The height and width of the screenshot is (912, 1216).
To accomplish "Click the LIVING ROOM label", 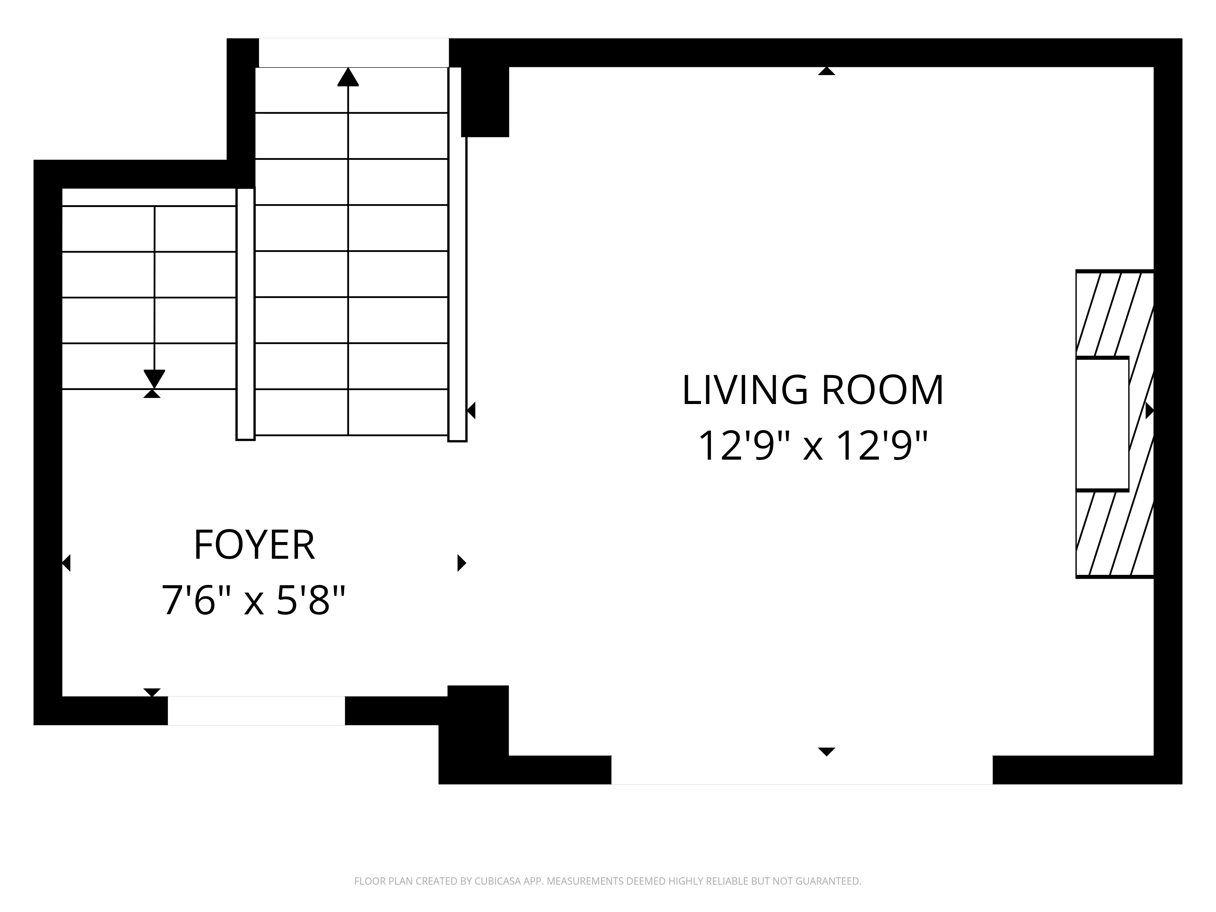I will coord(813,391).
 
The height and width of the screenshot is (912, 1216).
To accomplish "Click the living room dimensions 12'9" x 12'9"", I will coord(813,446).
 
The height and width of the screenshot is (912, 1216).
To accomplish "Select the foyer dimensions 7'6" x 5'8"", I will coord(254,601).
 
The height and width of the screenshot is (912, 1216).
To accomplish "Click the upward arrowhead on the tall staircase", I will coord(348,78).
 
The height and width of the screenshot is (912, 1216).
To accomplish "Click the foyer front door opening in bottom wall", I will coord(256,710).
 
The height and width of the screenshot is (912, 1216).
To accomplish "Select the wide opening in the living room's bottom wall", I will coord(802,770).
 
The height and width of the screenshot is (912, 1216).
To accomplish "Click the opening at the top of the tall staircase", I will coord(354,53).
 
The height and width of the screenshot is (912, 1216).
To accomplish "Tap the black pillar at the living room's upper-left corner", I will coord(485,102).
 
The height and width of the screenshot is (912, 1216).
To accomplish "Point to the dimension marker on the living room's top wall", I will coord(826,71).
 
